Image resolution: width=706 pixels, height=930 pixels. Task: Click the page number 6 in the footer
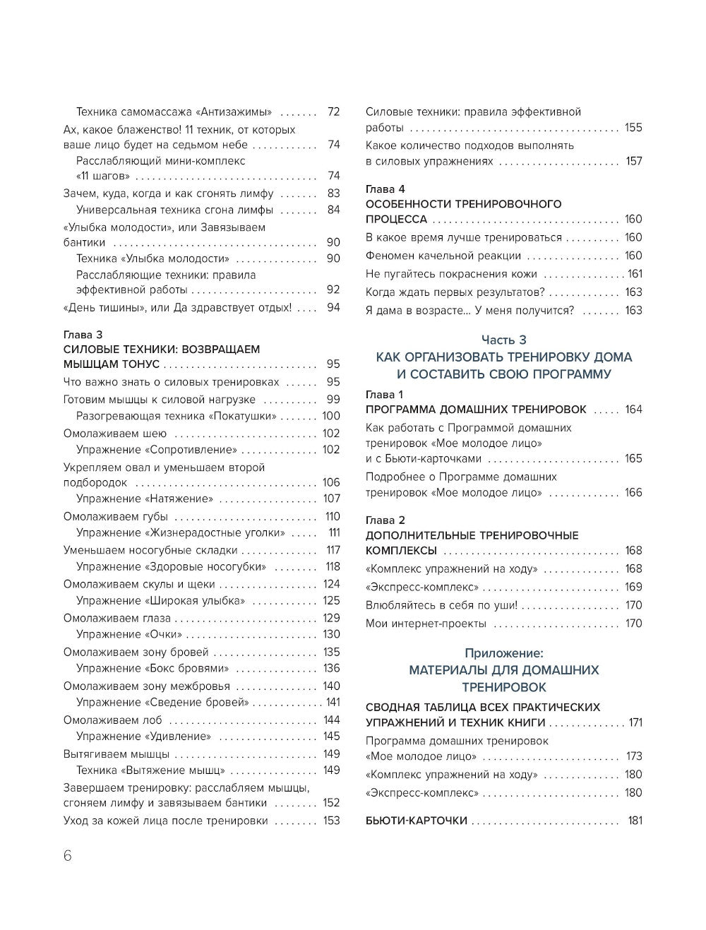[x=68, y=855]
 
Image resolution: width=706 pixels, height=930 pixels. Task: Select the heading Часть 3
[x=504, y=340]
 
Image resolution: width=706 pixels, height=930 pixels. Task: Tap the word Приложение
[x=504, y=653]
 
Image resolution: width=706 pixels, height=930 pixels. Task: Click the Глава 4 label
[x=385, y=189]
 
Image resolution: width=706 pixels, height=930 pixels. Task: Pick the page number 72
[x=333, y=112]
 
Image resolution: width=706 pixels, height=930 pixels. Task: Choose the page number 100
[x=331, y=416]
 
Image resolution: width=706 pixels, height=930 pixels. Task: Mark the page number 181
[x=635, y=821]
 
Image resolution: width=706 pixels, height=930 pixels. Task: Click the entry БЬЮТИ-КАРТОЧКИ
[x=417, y=821]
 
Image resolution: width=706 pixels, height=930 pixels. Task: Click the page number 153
[x=331, y=821]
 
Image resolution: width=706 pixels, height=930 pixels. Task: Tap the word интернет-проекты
[x=441, y=624]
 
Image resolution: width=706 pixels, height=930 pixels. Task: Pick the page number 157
[x=634, y=161]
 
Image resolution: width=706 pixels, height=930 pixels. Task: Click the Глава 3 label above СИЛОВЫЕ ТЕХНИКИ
[x=83, y=335]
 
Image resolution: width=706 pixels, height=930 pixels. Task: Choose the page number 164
[x=633, y=410]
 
